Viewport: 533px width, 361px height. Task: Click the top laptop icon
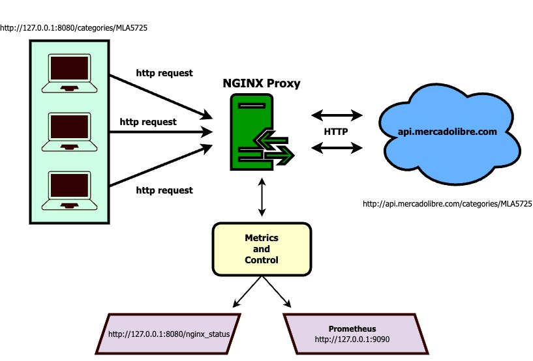tap(69, 73)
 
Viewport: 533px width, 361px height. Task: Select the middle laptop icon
tap(69, 133)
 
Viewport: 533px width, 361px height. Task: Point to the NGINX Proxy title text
tap(261, 83)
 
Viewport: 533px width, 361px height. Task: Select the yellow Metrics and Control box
tap(261, 249)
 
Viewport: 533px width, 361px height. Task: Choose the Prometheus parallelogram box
tap(352, 334)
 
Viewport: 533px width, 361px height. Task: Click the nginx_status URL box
tap(168, 334)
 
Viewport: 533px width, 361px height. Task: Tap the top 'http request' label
tap(164, 73)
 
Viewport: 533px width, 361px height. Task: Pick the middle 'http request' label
tap(147, 122)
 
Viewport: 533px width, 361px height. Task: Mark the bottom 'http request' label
tap(164, 190)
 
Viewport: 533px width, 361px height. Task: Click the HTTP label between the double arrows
tap(335, 132)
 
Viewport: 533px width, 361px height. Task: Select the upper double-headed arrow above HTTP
tap(337, 115)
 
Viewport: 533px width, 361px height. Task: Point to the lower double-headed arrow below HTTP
tap(337, 149)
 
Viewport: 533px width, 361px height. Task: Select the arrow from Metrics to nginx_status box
tap(247, 292)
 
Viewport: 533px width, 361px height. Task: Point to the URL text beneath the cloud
tap(447, 204)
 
